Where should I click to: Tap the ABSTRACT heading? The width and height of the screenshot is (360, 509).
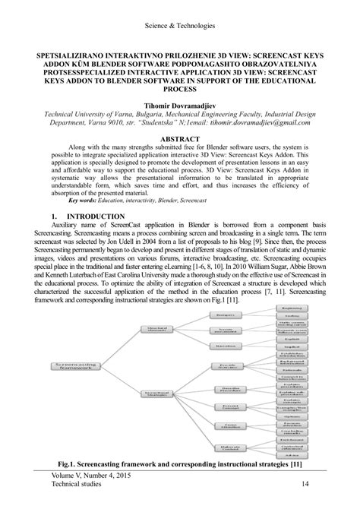(x=179, y=139)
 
